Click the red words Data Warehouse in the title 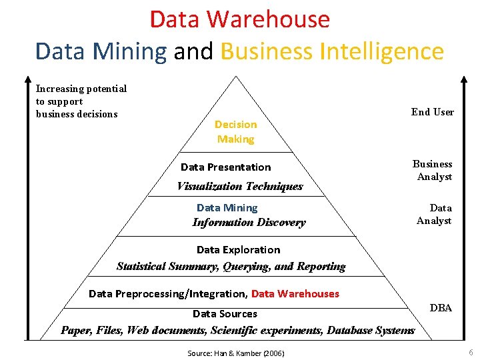pyautogui.click(x=239, y=19)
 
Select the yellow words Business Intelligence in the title pyautogui.click(x=331, y=51)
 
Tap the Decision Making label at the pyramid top pyautogui.click(x=235, y=131)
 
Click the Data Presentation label pyautogui.click(x=225, y=167)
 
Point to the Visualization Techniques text pyautogui.click(x=239, y=186)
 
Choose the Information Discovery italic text pyautogui.click(x=249, y=223)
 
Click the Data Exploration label pyautogui.click(x=238, y=249)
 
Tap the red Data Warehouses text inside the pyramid pyautogui.click(x=295, y=293)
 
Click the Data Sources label pyautogui.click(x=225, y=313)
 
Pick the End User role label pyautogui.click(x=432, y=112)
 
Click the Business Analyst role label pyautogui.click(x=433, y=170)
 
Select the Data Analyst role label pyautogui.click(x=434, y=214)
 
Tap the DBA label pyautogui.click(x=441, y=308)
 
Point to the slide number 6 pyautogui.click(x=471, y=351)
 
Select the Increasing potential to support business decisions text pyautogui.click(x=81, y=101)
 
